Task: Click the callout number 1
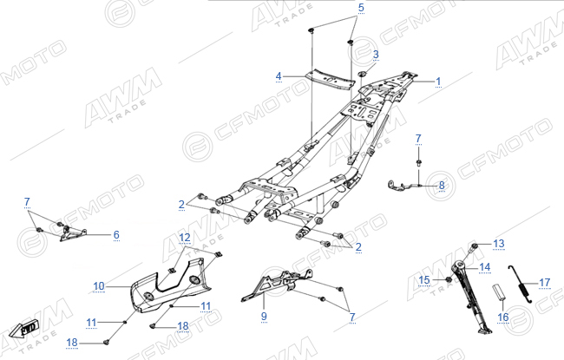pos(438,82)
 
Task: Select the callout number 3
pos(376,55)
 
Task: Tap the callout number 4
pos(279,76)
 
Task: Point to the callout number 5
pos(361,8)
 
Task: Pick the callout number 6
pos(116,235)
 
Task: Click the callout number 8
pos(442,186)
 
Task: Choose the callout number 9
pos(264,316)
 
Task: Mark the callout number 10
pos(99,286)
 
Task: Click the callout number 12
pos(185,238)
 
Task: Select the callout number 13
pos(499,244)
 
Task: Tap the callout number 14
pos(485,267)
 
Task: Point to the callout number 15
pos(424,280)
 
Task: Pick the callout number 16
pos(503,317)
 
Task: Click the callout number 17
pos(545,283)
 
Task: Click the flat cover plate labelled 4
pos(330,79)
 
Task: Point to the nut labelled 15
pos(449,279)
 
